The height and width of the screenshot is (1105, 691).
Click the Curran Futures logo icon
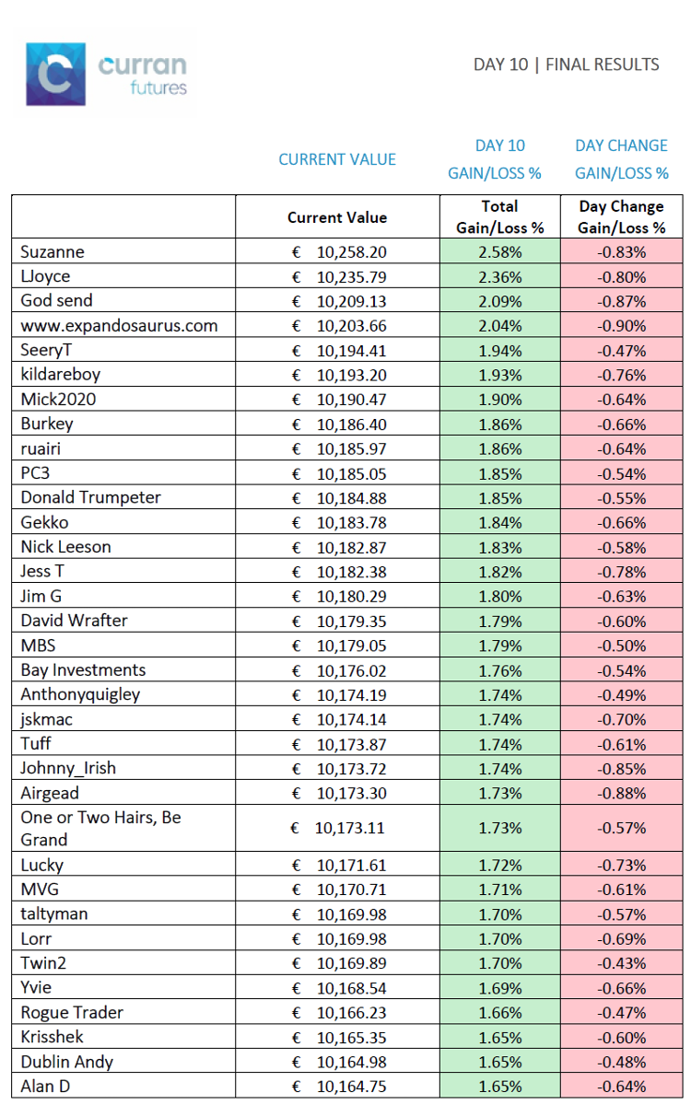[x=56, y=74]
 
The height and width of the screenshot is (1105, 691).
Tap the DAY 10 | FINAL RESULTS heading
[x=566, y=64]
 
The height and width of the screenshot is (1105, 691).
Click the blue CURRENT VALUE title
[x=337, y=159]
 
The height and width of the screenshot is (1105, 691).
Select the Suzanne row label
[x=53, y=252]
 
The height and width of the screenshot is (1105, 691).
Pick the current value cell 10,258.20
[x=351, y=252]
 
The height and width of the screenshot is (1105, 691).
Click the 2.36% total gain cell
[x=500, y=277]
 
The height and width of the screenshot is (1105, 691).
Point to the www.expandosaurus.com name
[x=119, y=326]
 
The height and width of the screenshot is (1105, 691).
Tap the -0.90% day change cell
[x=621, y=326]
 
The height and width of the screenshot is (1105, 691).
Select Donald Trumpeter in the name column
[x=91, y=497]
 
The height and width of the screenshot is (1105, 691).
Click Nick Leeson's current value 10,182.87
[x=351, y=548]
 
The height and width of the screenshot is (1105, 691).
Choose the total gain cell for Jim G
[x=500, y=597]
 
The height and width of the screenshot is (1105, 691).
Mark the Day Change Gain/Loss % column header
[x=621, y=217]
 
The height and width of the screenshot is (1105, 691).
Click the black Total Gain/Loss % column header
[x=500, y=217]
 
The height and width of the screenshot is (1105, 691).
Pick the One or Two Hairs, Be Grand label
[x=100, y=828]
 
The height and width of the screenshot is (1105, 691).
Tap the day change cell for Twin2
[x=621, y=963]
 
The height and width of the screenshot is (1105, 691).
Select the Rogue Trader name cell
[x=72, y=1012]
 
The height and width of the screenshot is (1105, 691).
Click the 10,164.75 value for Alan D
[x=351, y=1086]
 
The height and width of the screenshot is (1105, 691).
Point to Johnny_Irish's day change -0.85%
[x=621, y=769]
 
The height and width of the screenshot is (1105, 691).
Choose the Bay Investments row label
[x=83, y=670]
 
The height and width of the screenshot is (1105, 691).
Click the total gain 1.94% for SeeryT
[x=500, y=351]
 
